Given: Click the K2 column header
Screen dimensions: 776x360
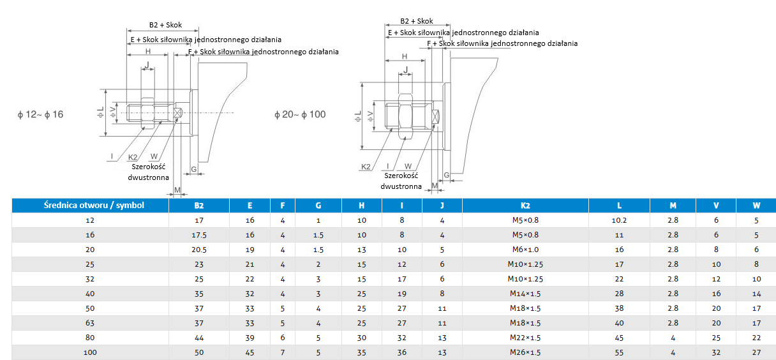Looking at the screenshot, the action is [x=525, y=206].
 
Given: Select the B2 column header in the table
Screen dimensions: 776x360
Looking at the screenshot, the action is [x=199, y=206].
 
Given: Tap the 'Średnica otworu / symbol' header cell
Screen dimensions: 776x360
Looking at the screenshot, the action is [x=94, y=205].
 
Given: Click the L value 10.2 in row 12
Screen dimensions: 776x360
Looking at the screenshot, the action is [x=619, y=220].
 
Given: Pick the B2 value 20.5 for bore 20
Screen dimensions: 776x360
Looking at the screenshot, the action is [x=199, y=250].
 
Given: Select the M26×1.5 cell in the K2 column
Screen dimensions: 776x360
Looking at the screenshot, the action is [x=525, y=352].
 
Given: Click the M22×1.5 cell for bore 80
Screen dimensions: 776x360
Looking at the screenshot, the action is [x=525, y=338].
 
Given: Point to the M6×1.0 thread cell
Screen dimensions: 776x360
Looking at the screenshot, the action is [x=525, y=250].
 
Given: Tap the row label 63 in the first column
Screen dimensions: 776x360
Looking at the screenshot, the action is [x=90, y=323].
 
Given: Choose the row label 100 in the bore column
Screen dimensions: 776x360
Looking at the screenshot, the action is [x=90, y=352].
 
